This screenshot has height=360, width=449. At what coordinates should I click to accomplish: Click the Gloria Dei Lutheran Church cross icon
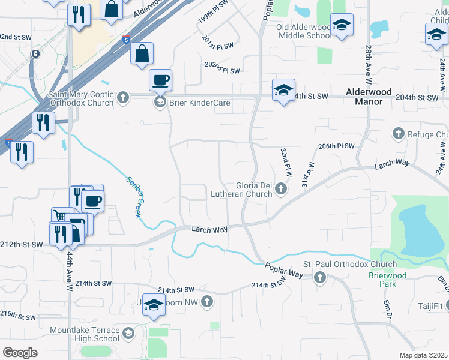[280, 190]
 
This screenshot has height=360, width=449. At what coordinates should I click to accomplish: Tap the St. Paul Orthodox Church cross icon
[319, 277]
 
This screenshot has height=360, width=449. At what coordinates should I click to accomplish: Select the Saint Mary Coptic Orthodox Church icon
[123, 97]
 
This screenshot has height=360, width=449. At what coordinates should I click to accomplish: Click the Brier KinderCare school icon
[160, 103]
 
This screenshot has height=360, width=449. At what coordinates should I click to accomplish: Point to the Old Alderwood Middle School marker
[342, 26]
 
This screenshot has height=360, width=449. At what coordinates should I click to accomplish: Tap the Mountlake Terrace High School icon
[128, 334]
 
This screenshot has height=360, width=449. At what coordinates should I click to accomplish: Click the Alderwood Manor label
[369, 97]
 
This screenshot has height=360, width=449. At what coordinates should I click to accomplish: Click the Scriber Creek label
[134, 197]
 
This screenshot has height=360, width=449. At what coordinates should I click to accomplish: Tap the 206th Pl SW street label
[337, 146]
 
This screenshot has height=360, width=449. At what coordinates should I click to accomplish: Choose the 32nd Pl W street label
[286, 161]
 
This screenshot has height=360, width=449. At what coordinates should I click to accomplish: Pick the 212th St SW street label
[22, 244]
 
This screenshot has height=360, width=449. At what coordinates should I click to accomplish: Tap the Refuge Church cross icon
[397, 133]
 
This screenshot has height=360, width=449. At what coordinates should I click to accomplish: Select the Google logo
[20, 353]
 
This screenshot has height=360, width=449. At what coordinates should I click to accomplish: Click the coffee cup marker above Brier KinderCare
[160, 80]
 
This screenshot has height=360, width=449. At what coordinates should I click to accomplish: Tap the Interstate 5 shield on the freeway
[125, 40]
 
